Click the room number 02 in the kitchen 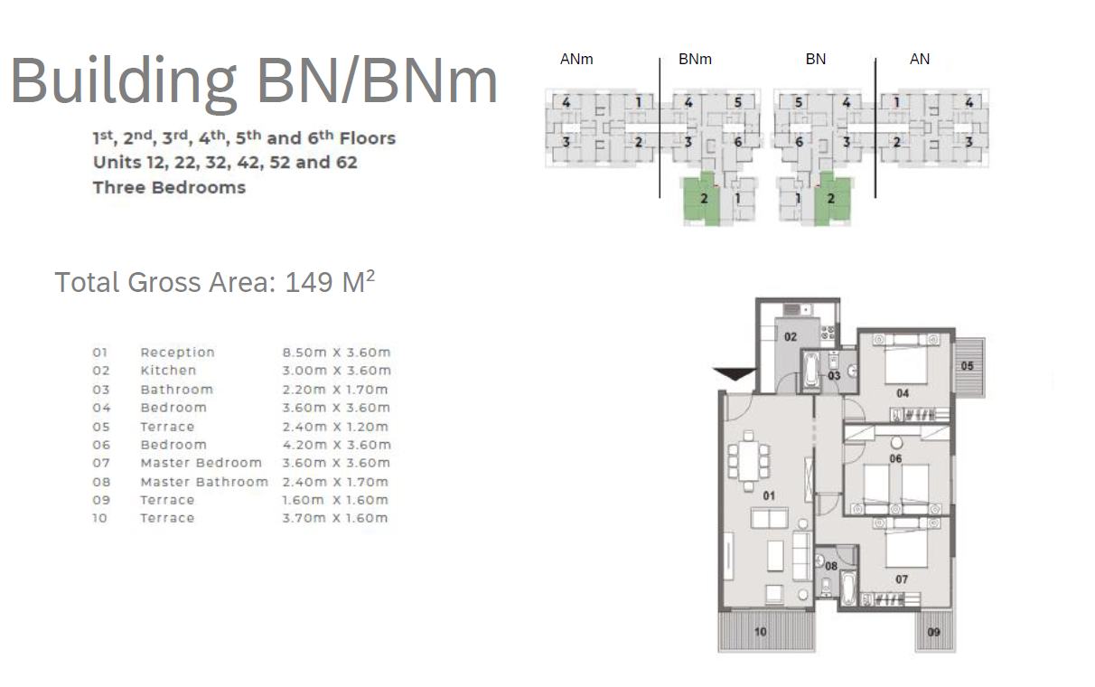point(791,337)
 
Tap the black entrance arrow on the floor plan point(735,374)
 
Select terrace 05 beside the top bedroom point(970,367)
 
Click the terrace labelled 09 point(935,631)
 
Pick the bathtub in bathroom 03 point(811,372)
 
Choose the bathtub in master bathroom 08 point(848,589)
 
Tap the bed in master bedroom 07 point(906,542)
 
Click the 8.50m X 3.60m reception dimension point(336,353)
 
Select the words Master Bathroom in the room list point(204,482)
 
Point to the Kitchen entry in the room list point(168,371)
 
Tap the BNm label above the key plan point(695,59)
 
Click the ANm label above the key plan point(576,59)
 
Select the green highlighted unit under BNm point(701,199)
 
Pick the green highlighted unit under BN point(832,199)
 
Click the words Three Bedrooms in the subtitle point(169,188)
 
